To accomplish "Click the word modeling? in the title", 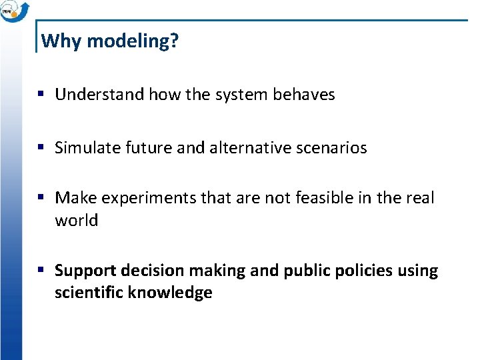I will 133,41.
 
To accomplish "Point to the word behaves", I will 304,95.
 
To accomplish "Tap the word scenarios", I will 333,148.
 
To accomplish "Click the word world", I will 76,221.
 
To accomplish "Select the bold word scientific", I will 88,293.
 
